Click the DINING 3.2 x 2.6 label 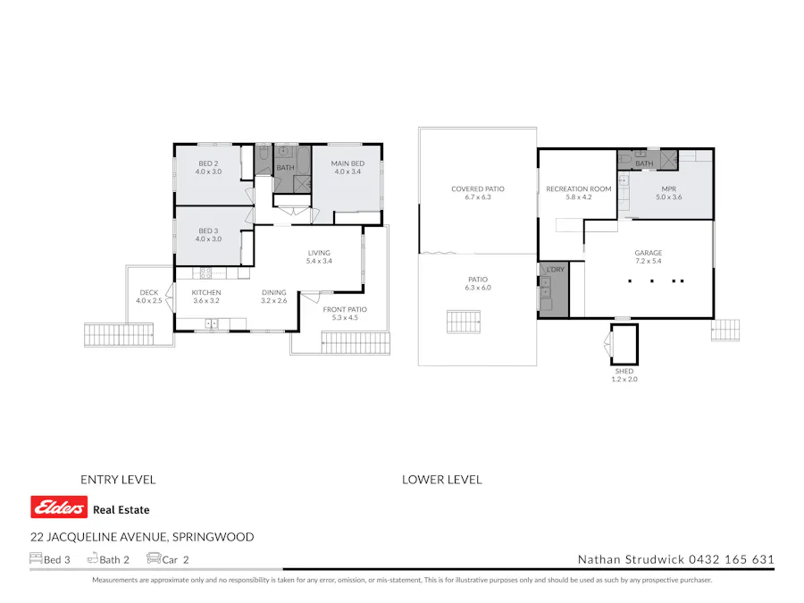[274, 297]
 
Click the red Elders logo [59, 508]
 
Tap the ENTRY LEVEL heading [118, 480]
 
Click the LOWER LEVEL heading [441, 480]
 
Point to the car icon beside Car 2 [154, 559]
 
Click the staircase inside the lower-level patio [464, 322]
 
